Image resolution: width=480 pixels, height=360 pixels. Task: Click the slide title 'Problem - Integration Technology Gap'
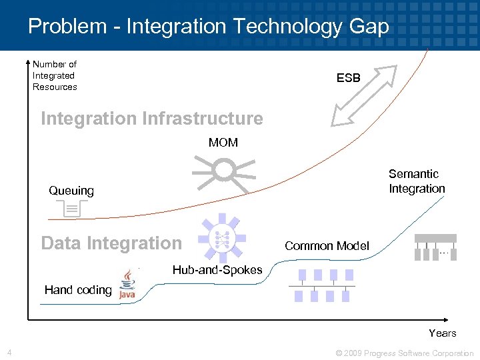tap(208, 26)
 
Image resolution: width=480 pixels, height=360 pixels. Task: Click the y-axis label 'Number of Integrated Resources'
tap(55, 75)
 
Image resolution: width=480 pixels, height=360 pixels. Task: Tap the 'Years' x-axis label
tap(443, 333)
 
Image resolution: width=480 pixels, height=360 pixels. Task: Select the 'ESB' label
tap(348, 78)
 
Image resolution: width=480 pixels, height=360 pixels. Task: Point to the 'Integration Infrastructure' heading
tap(152, 119)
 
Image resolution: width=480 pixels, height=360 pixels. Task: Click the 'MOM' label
tap(223, 143)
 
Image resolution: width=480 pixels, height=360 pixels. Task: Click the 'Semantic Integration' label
tap(417, 181)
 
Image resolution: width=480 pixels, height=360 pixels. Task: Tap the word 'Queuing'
tap(71, 191)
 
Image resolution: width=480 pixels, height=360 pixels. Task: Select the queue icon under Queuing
tap(70, 209)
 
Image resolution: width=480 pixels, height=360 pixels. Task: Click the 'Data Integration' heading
tap(111, 243)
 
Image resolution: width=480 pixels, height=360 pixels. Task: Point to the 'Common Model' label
tap(327, 246)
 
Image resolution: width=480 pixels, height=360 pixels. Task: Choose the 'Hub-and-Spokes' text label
tap(217, 270)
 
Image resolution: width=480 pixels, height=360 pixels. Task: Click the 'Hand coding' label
tap(78, 290)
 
